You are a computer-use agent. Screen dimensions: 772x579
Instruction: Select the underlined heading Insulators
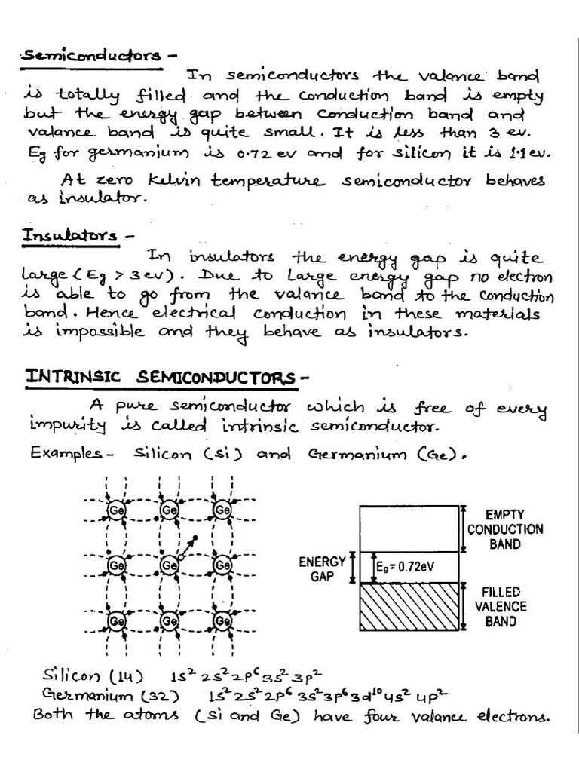pos(69,236)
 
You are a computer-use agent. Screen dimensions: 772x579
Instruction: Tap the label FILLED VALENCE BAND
pos(501,607)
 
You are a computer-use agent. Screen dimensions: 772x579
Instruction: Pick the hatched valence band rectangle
pos(409,607)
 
